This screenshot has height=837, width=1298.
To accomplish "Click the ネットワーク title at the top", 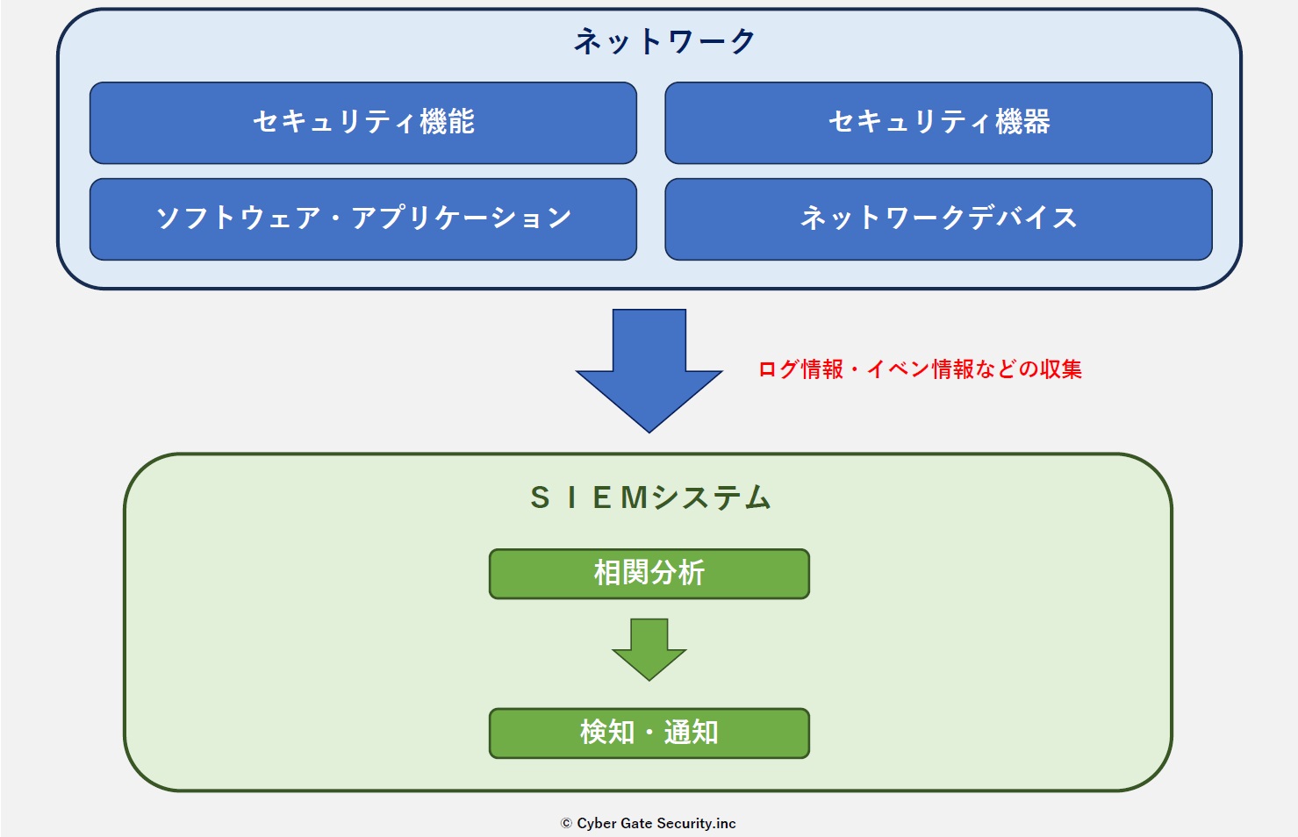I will coord(664,41).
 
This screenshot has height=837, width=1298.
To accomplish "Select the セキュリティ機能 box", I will coord(362,123).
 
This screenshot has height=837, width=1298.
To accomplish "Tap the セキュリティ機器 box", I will coord(938,123).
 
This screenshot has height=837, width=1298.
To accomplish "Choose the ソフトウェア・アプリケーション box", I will coord(362,219).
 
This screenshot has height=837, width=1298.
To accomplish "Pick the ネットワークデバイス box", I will coord(938,219).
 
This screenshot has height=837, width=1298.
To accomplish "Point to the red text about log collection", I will coord(920,369).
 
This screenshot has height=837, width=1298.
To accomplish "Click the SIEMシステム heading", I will coord(649,498).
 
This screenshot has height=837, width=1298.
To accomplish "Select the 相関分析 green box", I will coord(649,574).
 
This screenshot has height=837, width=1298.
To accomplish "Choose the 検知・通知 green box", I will coord(649,733).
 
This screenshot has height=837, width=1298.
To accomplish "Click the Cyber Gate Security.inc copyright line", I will coord(649,823).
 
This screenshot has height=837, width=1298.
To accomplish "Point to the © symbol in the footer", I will coord(566,823).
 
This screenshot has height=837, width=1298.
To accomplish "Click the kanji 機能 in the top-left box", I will coord(448,122).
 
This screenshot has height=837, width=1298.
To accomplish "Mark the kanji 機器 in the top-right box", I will coord(1023,122).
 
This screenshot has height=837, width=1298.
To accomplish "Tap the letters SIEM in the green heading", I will coord(589,498).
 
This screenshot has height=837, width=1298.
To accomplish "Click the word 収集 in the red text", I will coord(1061,369).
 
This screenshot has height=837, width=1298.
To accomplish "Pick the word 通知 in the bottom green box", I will coord(692,733).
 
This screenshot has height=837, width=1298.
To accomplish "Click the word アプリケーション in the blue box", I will coord(462,218).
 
